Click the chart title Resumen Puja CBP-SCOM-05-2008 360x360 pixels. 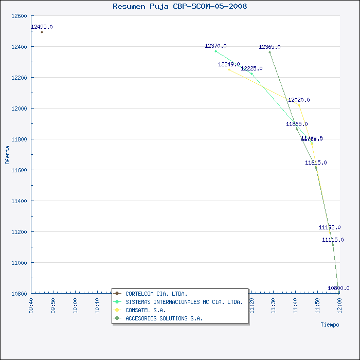[x=179, y=7]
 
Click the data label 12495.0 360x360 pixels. [x=42, y=27]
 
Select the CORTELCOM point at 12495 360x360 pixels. [x=42, y=32]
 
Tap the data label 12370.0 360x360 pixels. [x=215, y=46]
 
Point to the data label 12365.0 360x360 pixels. [x=269, y=47]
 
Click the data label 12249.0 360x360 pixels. [x=229, y=64]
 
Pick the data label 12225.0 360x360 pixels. [x=251, y=68]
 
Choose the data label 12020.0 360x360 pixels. [x=299, y=100]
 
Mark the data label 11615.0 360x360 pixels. [x=316, y=163]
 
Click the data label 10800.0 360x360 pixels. [x=338, y=288]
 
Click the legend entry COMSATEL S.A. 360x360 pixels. [x=146, y=310]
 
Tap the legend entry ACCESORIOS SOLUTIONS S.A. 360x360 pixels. [x=164, y=318]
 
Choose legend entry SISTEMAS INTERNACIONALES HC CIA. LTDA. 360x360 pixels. [x=184, y=302]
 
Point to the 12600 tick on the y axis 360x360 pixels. [x=19, y=16]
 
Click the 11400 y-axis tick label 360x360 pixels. [x=19, y=201]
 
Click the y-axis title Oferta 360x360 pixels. [x=7, y=154]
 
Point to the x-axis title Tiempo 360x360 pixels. [x=330, y=325]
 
